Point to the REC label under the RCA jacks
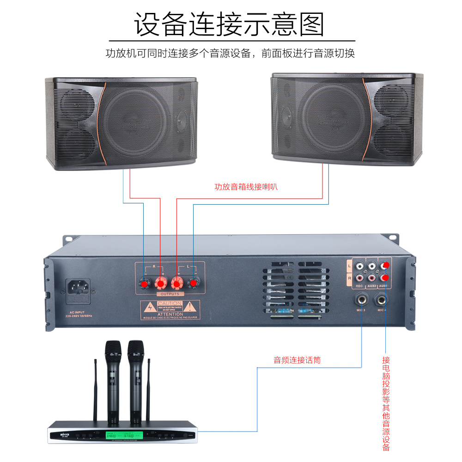(360, 286)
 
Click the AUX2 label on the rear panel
(371, 286)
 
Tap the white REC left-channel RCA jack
(360, 266)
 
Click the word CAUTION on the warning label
(170, 304)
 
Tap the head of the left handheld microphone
(112, 351)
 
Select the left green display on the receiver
(112, 435)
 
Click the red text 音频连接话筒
(297, 360)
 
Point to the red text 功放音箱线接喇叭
(246, 187)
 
